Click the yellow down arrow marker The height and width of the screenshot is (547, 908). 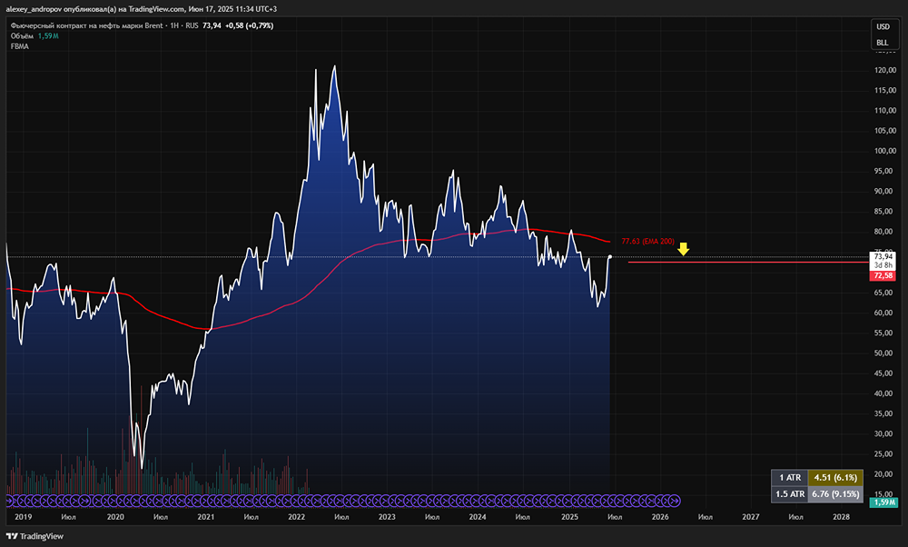tap(684, 248)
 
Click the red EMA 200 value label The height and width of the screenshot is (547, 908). tap(647, 242)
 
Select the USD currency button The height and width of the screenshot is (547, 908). tap(882, 27)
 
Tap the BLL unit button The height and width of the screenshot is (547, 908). tap(882, 43)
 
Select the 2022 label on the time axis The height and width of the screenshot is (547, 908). tap(297, 516)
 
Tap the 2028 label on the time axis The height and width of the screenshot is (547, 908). tap(842, 516)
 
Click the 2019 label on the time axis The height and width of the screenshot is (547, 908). tap(25, 516)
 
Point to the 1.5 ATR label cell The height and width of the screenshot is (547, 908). tap(788, 494)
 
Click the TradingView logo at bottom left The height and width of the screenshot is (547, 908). tap(36, 536)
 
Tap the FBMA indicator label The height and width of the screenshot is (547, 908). tap(19, 46)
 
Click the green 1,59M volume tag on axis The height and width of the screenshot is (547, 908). tap(883, 502)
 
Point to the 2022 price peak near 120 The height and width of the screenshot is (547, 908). tap(335, 66)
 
